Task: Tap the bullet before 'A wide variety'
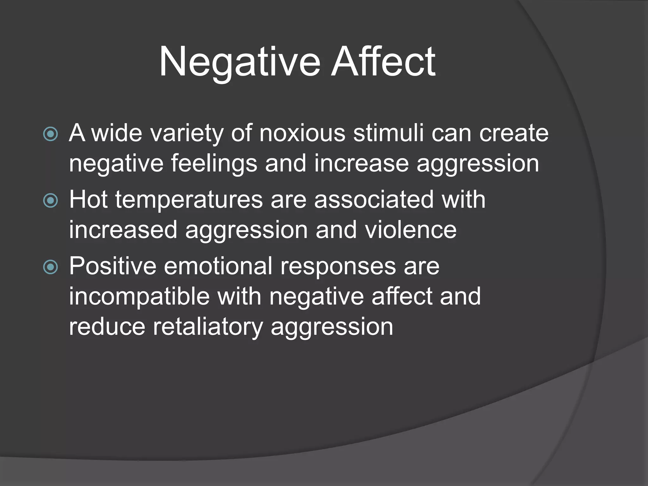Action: (51, 134)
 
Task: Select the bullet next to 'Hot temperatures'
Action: (51, 200)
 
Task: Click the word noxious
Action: (302, 133)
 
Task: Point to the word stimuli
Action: (388, 133)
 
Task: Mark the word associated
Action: (374, 199)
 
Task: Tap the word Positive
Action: (113, 266)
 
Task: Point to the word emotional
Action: (218, 266)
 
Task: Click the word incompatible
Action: (140, 296)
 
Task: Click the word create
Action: (514, 133)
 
